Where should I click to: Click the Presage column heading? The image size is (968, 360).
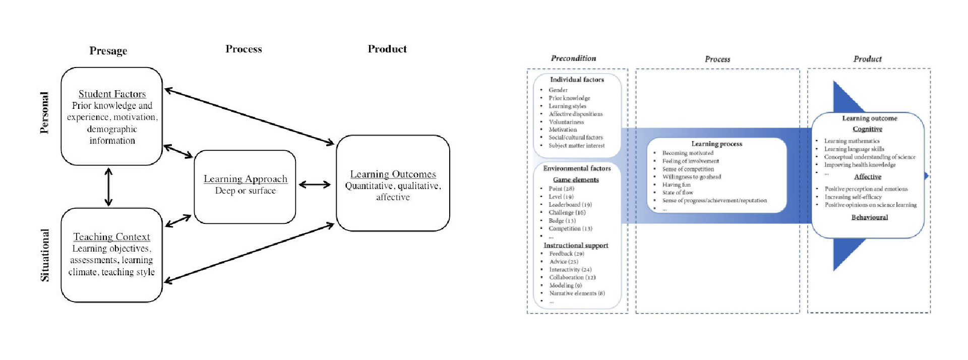[x=108, y=51]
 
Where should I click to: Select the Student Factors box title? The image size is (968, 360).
[x=112, y=94]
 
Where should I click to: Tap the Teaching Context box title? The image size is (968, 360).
[x=111, y=237]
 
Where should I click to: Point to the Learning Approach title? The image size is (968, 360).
[x=246, y=179]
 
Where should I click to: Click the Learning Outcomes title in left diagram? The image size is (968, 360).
[x=393, y=174]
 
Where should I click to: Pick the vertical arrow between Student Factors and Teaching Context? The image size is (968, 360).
[x=108, y=187]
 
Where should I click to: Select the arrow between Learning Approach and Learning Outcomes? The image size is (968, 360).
[x=315, y=185]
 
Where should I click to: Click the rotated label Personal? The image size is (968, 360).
[x=44, y=112]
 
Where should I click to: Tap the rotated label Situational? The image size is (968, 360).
[x=45, y=255]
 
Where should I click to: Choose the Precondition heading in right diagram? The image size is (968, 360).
[x=573, y=58]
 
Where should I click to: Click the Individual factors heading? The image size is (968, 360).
[x=577, y=80]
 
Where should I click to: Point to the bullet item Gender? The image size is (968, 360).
[x=558, y=90]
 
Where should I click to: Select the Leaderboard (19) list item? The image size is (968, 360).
[x=570, y=205]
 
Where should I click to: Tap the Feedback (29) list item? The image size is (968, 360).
[x=567, y=254]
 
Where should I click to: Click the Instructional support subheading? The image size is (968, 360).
[x=576, y=246]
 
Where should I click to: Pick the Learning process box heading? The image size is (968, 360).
[x=716, y=144]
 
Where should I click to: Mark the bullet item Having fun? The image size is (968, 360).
[x=677, y=185]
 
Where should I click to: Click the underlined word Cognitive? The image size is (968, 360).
[x=867, y=129]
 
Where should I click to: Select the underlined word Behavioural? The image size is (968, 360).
[x=869, y=217]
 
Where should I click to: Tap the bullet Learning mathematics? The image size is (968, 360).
[x=852, y=141]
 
